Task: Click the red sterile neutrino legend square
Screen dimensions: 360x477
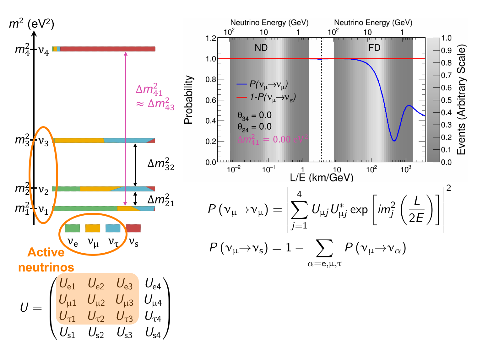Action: [133, 228]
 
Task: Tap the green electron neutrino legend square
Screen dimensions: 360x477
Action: [72, 228]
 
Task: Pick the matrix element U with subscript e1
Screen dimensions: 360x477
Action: [67, 284]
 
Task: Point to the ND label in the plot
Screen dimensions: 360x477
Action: [261, 48]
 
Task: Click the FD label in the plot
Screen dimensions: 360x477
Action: [374, 48]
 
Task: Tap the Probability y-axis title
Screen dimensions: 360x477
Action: [188, 100]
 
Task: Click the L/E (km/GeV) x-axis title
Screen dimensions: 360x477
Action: [322, 178]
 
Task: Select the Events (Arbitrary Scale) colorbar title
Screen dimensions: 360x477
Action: [461, 100]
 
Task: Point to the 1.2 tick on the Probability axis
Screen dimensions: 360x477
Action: [211, 39]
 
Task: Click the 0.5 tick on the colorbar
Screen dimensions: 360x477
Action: [446, 100]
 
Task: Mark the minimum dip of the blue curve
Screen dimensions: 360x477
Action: [394, 141]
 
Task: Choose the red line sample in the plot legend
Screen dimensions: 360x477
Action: [241, 97]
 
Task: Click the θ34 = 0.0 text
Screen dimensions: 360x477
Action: [254, 116]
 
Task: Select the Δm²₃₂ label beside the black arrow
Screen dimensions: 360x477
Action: [161, 164]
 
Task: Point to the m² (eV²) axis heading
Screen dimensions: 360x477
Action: [31, 24]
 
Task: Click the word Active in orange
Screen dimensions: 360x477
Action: [46, 252]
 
